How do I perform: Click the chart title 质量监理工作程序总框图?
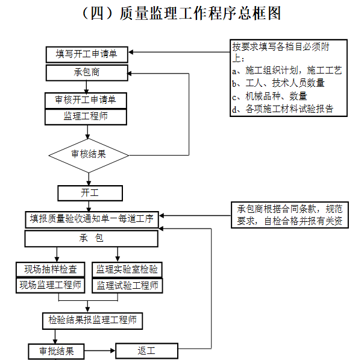click(x=181, y=13)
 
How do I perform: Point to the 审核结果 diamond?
click(x=89, y=154)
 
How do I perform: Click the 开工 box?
click(x=90, y=193)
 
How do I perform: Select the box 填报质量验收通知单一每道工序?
click(x=92, y=219)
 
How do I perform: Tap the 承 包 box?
click(x=91, y=239)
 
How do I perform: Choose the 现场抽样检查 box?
click(x=51, y=269)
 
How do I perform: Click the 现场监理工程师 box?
click(x=51, y=285)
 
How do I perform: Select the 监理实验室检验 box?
click(x=127, y=269)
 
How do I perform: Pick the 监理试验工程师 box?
click(x=127, y=285)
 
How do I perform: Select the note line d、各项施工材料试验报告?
click(x=282, y=109)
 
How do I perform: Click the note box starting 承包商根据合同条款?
click(x=290, y=215)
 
